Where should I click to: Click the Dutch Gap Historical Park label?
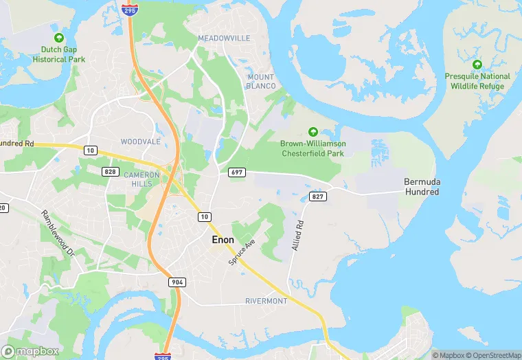[x=59, y=54]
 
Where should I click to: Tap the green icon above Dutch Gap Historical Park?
[x=59, y=37]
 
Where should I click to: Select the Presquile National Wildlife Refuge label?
[x=477, y=81]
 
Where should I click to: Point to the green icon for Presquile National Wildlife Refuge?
[x=477, y=64]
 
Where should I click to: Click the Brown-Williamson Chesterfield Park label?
[x=313, y=148]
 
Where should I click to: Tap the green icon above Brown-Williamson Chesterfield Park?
[x=313, y=131]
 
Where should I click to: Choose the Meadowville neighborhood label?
[x=224, y=38]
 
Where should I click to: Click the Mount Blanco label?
[x=261, y=81]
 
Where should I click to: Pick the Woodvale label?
[x=140, y=142]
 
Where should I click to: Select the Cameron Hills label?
[x=141, y=179]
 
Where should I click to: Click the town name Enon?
[x=223, y=240]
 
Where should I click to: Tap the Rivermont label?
[x=266, y=302]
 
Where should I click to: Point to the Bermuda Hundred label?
[x=421, y=187]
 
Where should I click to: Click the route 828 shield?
[x=110, y=170]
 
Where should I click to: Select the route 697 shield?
[x=237, y=172]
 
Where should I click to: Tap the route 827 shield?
[x=317, y=196]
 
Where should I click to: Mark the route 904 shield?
[x=178, y=282]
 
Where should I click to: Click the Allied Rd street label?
[x=298, y=235]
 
